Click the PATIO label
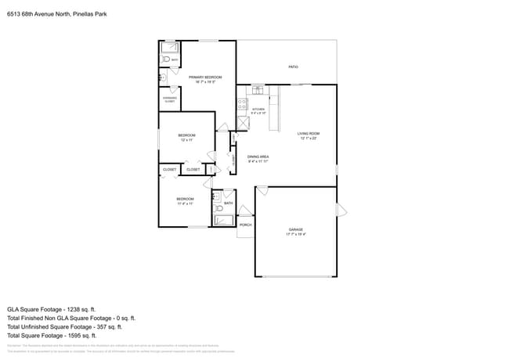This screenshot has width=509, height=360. coord(293,67)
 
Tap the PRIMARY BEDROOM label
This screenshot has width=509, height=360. coord(205,77)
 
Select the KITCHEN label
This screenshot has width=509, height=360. coord(258,109)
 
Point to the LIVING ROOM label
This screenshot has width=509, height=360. coord(309,134)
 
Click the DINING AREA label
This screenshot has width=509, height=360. coord(258,157)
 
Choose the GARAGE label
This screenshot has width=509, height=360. coord(295,229)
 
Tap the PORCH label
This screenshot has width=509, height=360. coord(245,225)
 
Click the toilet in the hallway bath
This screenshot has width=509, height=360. coord(218,197)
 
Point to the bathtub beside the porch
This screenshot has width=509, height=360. coord(225,220)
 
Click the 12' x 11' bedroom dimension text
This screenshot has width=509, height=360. coord(186,140)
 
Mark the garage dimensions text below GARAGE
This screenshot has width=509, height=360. coord(295,234)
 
